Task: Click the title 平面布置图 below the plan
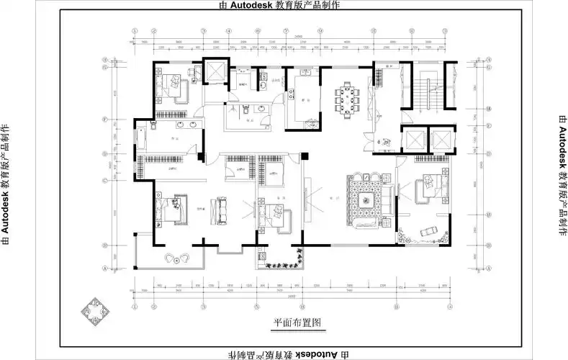tap(296, 323)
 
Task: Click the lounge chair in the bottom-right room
tap(426, 232)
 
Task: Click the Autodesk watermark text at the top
tap(284, 5)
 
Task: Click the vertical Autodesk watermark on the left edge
tap(6, 180)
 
